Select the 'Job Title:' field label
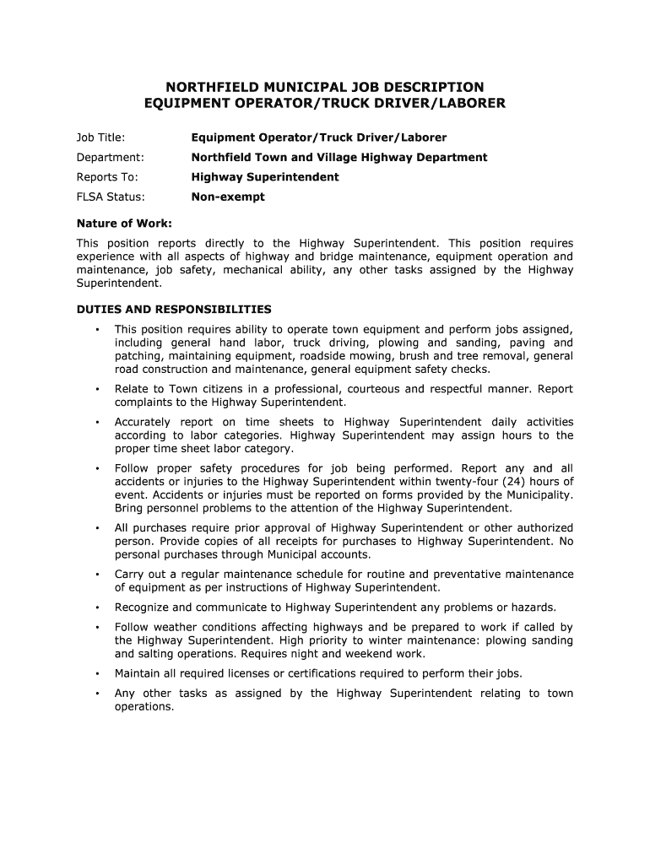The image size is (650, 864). point(100,137)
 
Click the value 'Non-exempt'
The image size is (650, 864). point(228,197)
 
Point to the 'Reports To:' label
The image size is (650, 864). point(107,177)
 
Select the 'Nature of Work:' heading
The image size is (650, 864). point(124,224)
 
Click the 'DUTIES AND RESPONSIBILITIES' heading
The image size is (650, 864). point(174,309)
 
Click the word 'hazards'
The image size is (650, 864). point(534,607)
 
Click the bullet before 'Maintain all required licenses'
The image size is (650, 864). point(99,673)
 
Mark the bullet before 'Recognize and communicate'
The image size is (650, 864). point(99,607)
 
